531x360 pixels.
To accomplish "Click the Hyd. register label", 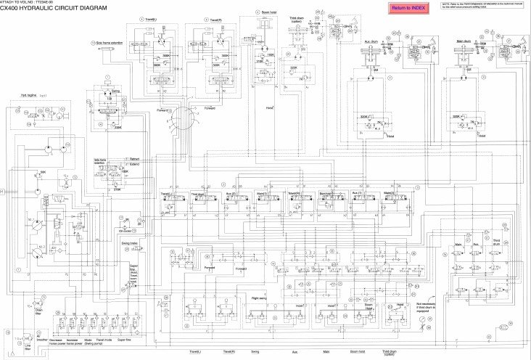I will pos(28,95).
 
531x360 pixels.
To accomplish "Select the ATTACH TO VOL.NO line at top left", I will pos(29,2).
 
